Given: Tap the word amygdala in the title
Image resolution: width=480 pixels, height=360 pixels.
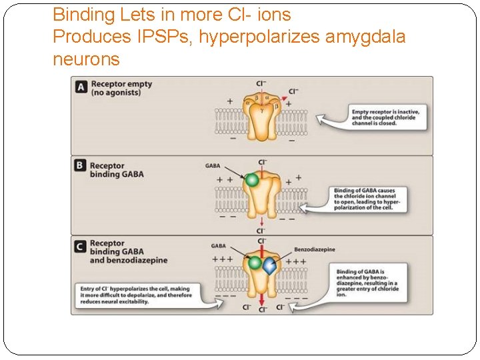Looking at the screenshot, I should tap(365, 37).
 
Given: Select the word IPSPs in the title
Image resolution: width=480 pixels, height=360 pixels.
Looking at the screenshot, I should tap(149, 37).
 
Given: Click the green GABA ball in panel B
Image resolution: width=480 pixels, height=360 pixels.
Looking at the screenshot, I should tap(251, 180).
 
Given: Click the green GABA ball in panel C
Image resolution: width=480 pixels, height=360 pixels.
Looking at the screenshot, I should tap(253, 263).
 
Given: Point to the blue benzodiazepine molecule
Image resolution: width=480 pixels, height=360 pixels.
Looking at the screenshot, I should tap(269, 266).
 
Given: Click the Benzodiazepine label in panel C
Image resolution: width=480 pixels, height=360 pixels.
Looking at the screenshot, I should tap(315, 249).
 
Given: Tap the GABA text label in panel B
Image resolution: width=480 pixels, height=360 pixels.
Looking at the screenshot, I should tap(213, 166).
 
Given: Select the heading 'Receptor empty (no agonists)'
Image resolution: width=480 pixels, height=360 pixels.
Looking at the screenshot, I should tap(121, 88).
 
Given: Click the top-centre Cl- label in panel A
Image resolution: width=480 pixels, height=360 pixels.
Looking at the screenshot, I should tap(261, 83).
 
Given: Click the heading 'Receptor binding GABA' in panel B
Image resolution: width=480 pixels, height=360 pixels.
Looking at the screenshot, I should tap(117, 170).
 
